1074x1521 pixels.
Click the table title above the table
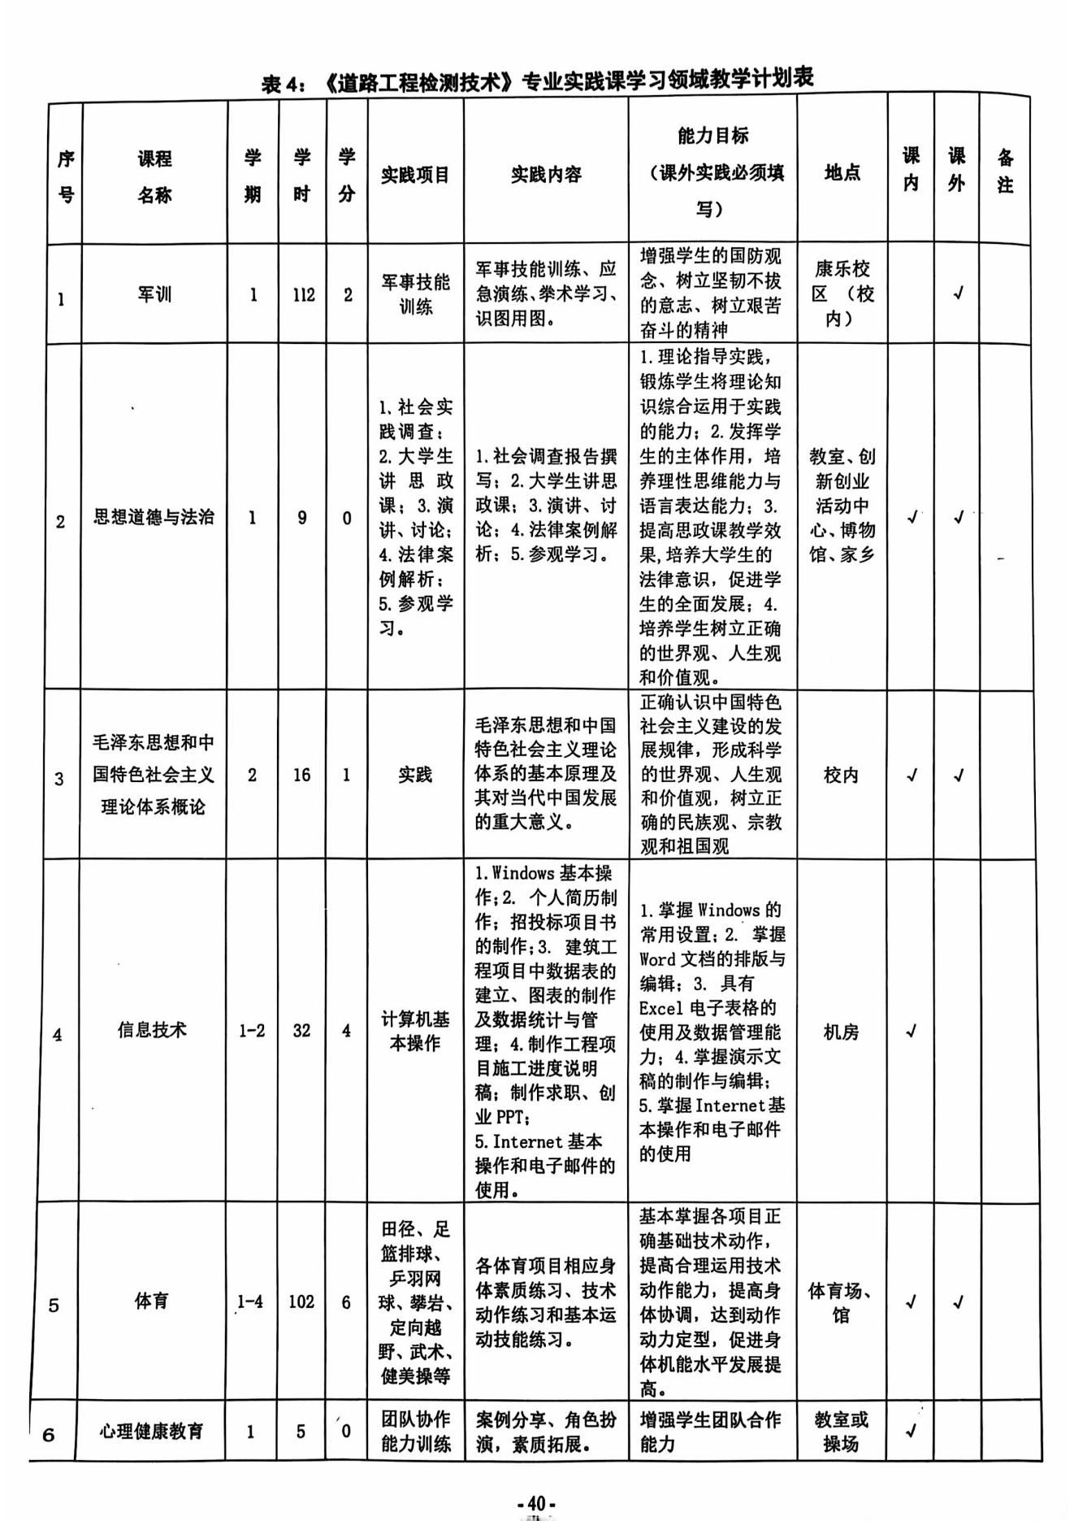[x=537, y=80]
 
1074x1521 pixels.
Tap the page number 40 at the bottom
[x=536, y=1503]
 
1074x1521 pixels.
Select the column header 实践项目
[x=415, y=175]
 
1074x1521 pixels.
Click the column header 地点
[x=842, y=172]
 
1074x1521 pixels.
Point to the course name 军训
[x=154, y=294]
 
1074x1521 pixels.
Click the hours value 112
[x=303, y=295]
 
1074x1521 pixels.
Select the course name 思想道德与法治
[x=154, y=517]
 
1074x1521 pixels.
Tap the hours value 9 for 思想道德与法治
[x=302, y=518]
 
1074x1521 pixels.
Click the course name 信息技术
[x=152, y=1030]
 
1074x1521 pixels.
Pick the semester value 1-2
[x=252, y=1031]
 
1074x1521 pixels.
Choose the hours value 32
[x=301, y=1031]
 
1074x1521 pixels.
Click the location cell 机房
[x=841, y=1032]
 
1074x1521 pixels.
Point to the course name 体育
[x=151, y=1301]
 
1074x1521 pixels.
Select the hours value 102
[x=301, y=1302]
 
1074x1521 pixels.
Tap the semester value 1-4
[x=250, y=1302]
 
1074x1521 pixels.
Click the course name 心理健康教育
[x=151, y=1431]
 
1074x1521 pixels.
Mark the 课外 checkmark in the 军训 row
[x=958, y=293]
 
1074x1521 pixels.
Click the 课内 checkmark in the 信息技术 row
[x=911, y=1031]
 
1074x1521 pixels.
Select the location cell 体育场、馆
[x=841, y=1302]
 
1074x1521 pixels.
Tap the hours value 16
[x=301, y=775]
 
